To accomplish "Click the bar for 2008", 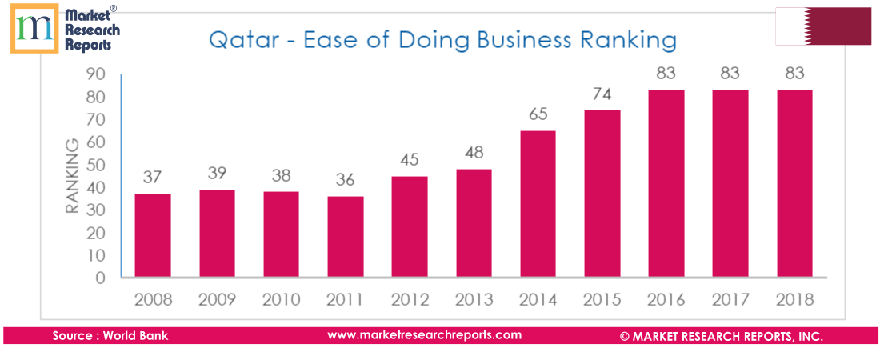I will coord(152,236).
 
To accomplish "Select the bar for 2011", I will coord(345,238).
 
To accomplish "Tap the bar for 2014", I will coord(538,205).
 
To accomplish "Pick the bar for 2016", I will coord(666,184).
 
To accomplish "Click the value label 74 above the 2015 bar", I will coord(602,94).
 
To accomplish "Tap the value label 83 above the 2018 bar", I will coord(794,74).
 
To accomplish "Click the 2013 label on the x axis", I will coord(474,300).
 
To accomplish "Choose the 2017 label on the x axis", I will coord(730,300).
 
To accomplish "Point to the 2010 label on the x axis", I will coord(281,300).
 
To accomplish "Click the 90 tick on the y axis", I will coord(95,74).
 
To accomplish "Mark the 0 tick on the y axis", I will coord(100,278).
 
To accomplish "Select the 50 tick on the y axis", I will coord(95,165).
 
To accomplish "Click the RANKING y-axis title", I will coord(72,176).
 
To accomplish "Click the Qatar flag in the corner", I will coord(823,26).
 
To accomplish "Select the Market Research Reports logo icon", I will coord(34,28).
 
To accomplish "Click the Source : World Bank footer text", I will coord(110,336).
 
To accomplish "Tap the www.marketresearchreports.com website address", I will coord(424,335).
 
